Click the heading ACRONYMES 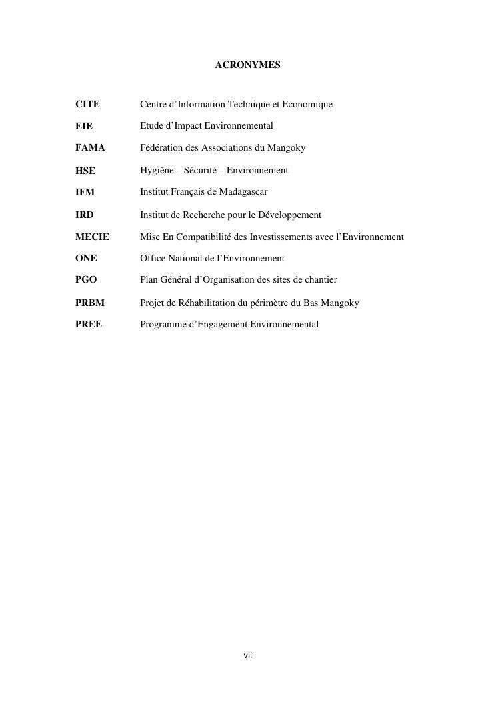pyautogui.click(x=247, y=65)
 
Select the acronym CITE pyautogui.click(x=87, y=105)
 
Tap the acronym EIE pyautogui.click(x=84, y=126)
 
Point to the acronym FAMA pyautogui.click(x=90, y=147)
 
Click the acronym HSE pyautogui.click(x=85, y=171)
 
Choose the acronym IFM pyautogui.click(x=85, y=192)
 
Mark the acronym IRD pyautogui.click(x=85, y=215)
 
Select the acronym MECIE pyautogui.click(x=92, y=237)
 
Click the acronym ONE pyautogui.click(x=86, y=258)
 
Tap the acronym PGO pyautogui.click(x=86, y=279)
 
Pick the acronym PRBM pyautogui.click(x=90, y=303)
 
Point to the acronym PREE pyautogui.click(x=89, y=325)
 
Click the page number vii pyautogui.click(x=247, y=656)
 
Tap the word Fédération pyautogui.click(x=161, y=147)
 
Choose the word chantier pyautogui.click(x=319, y=279)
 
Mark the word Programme pyautogui.click(x=161, y=325)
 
